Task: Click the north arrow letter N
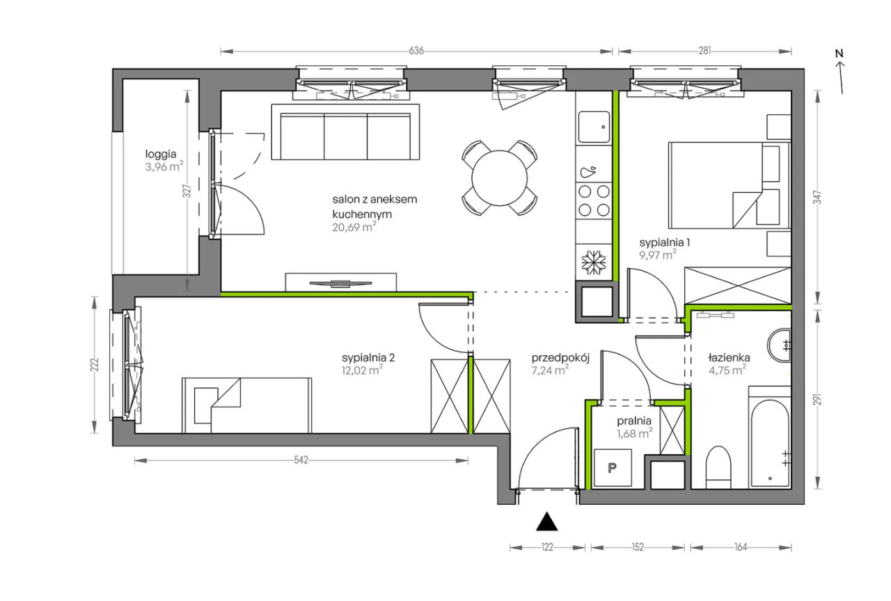pyautogui.click(x=839, y=54)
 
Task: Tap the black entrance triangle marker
pyautogui.click(x=547, y=522)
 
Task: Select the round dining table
pyautogui.click(x=500, y=178)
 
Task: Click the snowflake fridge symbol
pyautogui.click(x=594, y=263)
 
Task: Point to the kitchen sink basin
pyautogui.click(x=594, y=127)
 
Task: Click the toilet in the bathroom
pyautogui.click(x=718, y=467)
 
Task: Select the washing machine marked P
pyautogui.click(x=613, y=468)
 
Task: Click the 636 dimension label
pyautogui.click(x=416, y=51)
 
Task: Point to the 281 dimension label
pyautogui.click(x=704, y=51)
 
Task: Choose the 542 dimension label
pyautogui.click(x=301, y=460)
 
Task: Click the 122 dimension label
pyautogui.click(x=547, y=547)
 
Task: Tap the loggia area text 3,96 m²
pyautogui.click(x=164, y=166)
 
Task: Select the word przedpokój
pyautogui.click(x=560, y=358)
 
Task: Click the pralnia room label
pyautogui.click(x=634, y=421)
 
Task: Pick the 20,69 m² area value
pyautogui.click(x=354, y=227)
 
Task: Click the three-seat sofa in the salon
pyautogui.click(x=345, y=132)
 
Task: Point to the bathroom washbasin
pyautogui.click(x=779, y=345)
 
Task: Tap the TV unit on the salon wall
pyautogui.click(x=341, y=282)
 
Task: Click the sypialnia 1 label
pyautogui.click(x=664, y=242)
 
